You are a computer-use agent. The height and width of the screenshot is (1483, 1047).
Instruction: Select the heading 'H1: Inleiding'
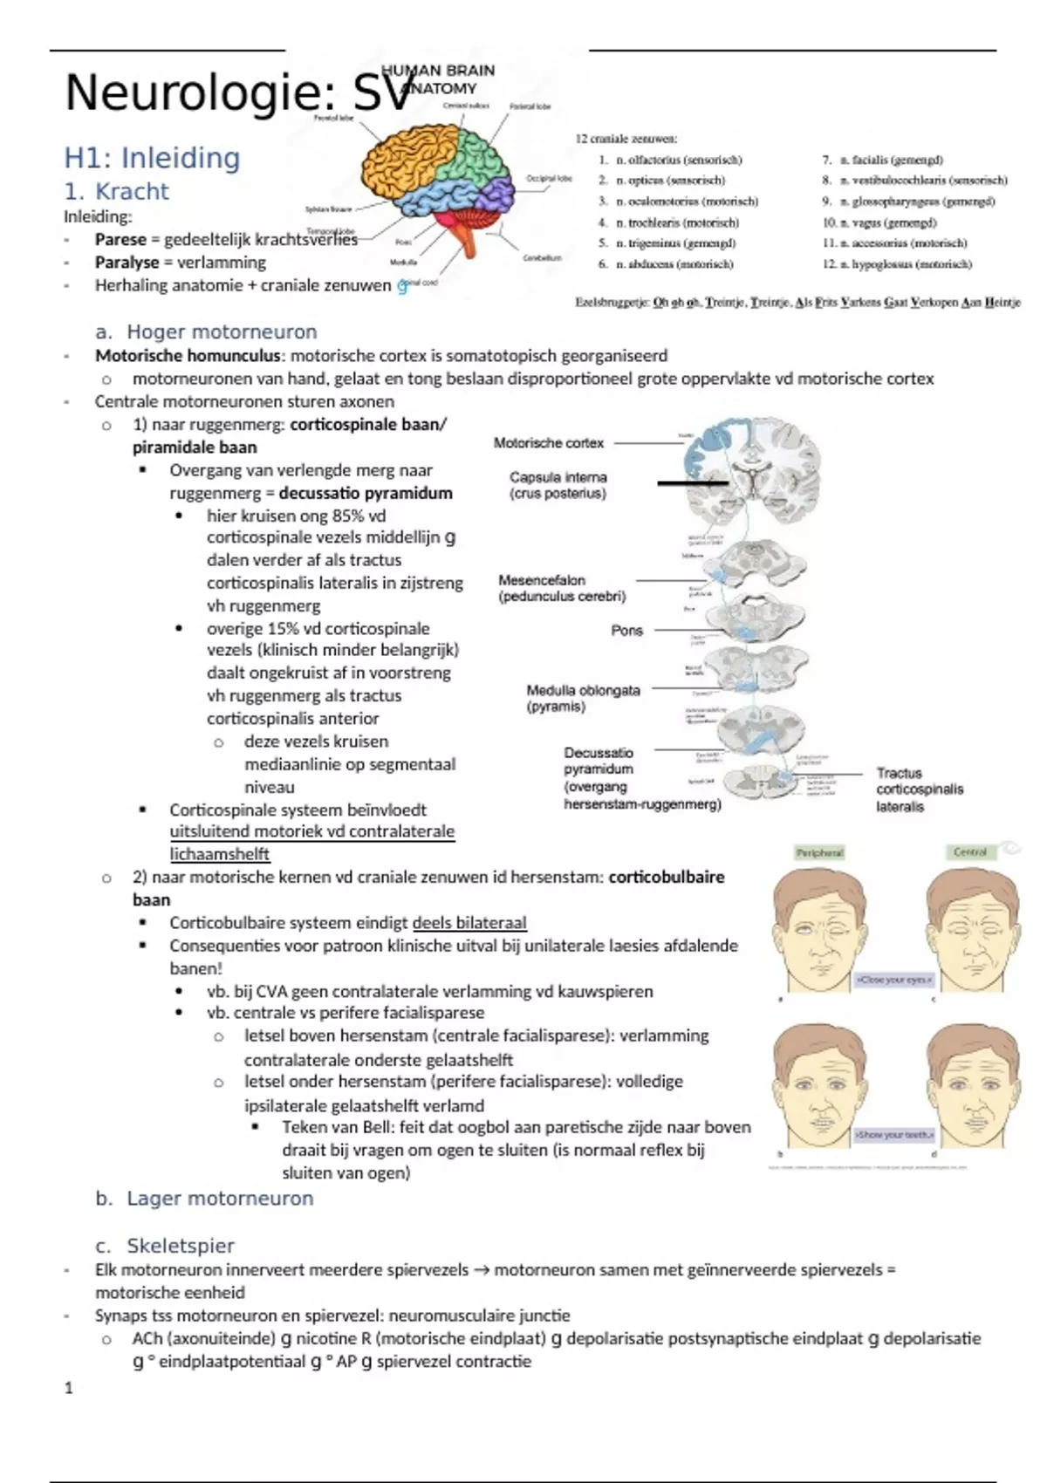pos(152,158)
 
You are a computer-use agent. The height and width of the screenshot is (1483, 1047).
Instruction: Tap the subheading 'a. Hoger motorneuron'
pos(207,331)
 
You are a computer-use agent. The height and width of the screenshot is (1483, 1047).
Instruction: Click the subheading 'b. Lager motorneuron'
pos(205,1199)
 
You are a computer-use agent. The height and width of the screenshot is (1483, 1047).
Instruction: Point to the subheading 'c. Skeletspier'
pos(166,1246)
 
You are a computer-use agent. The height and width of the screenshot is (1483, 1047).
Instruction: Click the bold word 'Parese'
pos(120,239)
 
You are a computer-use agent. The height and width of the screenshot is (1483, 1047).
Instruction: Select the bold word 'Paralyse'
pos(127,262)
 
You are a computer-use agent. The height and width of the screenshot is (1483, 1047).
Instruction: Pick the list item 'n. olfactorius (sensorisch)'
pos(678,160)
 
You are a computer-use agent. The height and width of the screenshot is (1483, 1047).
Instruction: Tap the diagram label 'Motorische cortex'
pos(549,443)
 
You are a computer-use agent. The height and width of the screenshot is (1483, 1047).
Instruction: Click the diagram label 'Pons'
pos(626,630)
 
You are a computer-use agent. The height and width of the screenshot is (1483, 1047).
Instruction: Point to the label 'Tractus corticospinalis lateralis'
pos(920,789)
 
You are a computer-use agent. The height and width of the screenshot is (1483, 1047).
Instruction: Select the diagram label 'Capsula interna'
pos(558,477)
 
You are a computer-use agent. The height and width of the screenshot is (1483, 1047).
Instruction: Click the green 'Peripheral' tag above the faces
pos(819,852)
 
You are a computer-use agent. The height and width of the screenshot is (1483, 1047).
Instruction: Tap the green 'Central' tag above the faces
pos(969,852)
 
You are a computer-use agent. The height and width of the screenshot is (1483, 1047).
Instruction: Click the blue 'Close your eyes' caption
pos(894,980)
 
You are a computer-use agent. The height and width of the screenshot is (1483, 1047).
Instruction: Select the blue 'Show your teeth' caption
pos(894,1135)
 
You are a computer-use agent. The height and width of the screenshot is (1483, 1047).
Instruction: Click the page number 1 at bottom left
pos(69,1388)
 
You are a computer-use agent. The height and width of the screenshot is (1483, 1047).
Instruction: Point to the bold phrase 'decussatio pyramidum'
pos(366,493)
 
